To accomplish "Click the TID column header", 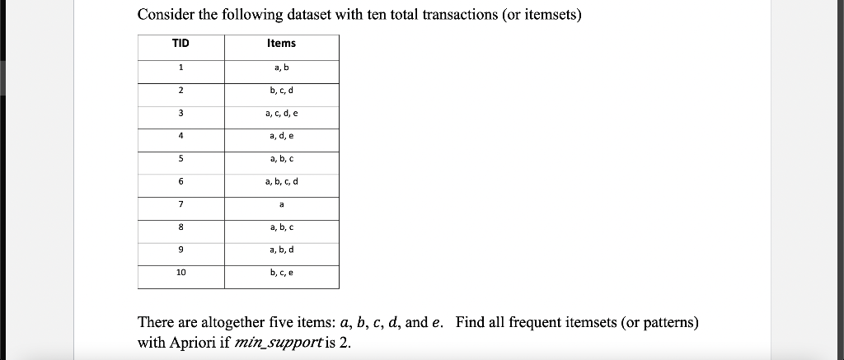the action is (181, 44).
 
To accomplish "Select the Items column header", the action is (281, 44).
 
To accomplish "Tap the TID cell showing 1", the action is (181, 68).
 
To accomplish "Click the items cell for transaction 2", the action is (281, 90).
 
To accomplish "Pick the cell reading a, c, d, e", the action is (281, 113).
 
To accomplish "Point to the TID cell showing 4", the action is (181, 136).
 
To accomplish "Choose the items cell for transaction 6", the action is (281, 181).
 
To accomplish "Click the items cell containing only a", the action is (281, 203).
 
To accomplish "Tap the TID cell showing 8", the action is (181, 227).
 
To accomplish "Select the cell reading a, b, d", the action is (281, 249).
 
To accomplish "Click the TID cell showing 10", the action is (181, 272).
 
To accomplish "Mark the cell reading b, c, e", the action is (281, 272).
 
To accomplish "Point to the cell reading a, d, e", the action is (281, 136).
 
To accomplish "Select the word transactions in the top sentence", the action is (461, 15).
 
